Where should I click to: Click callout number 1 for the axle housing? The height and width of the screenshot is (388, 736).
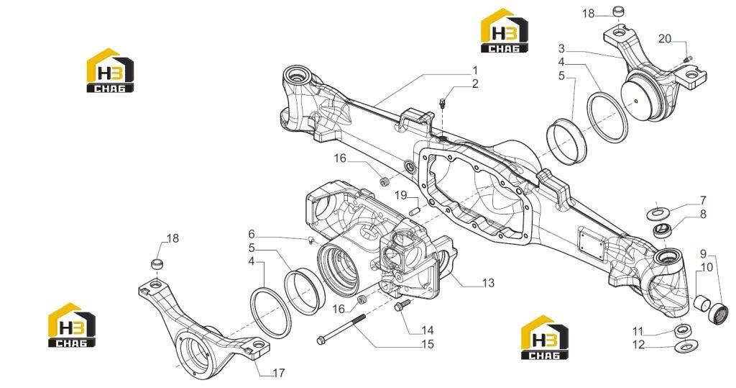(474, 71)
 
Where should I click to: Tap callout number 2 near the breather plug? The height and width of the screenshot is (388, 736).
(476, 84)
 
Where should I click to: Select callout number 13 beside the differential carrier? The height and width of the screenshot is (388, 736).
(488, 283)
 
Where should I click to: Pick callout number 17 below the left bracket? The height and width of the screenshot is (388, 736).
(279, 373)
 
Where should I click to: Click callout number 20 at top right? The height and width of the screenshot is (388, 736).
(665, 39)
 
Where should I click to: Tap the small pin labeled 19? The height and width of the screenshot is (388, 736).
(413, 211)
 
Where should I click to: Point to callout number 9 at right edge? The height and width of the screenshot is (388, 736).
(703, 254)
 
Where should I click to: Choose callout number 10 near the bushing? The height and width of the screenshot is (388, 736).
(707, 268)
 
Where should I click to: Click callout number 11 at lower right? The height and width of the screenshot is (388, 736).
(638, 332)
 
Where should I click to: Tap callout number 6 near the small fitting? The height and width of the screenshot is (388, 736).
(252, 234)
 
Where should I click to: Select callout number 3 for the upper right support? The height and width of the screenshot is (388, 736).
(562, 48)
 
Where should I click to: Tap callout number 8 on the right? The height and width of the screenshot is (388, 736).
(703, 215)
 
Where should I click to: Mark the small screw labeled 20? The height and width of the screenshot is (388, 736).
(688, 59)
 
